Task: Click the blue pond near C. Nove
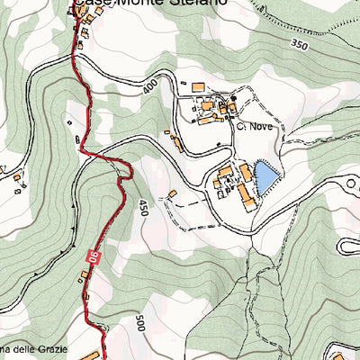(265, 177)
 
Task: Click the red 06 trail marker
(92, 259)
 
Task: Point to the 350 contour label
(299, 44)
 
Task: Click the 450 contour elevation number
(142, 209)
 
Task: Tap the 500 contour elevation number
(139, 324)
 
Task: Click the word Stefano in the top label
(199, 4)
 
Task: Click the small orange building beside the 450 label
(172, 193)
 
